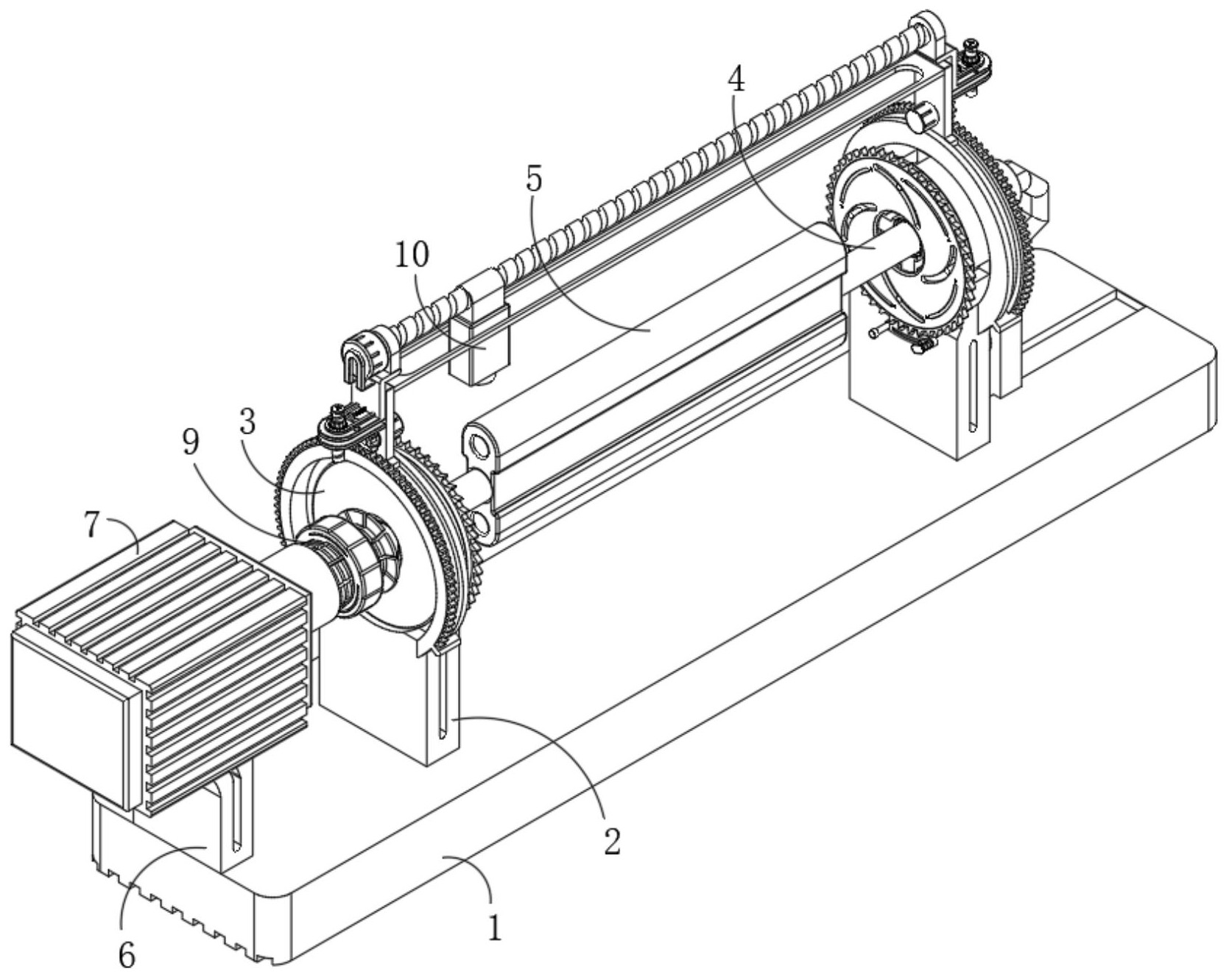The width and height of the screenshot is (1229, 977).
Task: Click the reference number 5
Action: tap(534, 178)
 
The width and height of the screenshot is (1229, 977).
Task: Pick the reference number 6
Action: tap(127, 955)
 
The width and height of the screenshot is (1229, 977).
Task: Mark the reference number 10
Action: tap(412, 255)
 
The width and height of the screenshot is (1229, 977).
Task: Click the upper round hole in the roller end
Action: tap(477, 446)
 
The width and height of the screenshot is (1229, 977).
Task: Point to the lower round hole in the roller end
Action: tap(479, 523)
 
